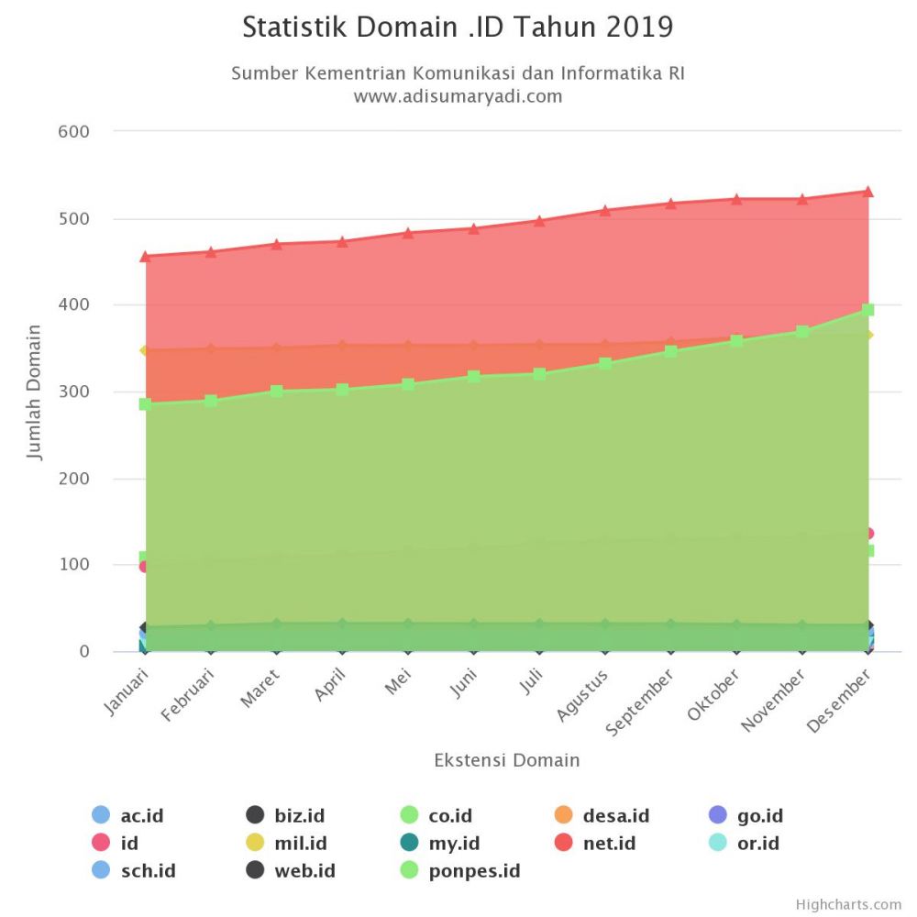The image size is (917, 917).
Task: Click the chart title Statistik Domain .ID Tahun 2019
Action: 458,28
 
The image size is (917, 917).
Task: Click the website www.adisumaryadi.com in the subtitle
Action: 458,95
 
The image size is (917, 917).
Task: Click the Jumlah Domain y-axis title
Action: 35,391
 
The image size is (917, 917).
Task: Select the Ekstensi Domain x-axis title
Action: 506,760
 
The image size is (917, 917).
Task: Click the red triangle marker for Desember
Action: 867,192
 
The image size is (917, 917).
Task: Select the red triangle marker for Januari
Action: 145,256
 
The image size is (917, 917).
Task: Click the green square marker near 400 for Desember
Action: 867,310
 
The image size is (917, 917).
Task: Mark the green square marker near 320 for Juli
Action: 539,374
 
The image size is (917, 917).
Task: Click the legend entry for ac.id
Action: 128,815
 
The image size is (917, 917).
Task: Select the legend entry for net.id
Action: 596,843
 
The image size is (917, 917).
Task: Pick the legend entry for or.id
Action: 745,843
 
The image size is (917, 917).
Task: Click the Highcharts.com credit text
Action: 848,904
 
